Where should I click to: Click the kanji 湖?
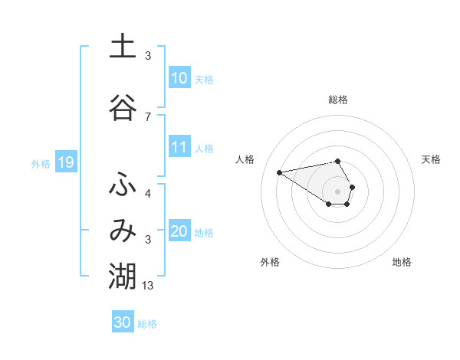tap(123, 277)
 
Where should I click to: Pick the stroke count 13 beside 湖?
tap(148, 286)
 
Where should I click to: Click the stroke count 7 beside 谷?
tap(148, 116)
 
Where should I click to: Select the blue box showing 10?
tap(179, 78)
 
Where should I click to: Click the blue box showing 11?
tap(179, 147)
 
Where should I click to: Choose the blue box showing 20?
tap(179, 231)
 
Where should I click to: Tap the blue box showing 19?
tap(65, 162)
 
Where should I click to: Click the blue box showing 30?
tap(123, 322)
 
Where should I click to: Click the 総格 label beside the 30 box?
tap(148, 324)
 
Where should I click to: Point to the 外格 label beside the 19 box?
tap(41, 163)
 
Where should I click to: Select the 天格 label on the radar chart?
tap(432, 159)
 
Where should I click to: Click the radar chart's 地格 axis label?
tap(402, 262)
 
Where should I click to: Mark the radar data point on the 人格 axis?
tap(280, 172)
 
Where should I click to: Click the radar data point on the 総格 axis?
tap(337, 161)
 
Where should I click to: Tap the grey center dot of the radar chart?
tap(337, 191)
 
